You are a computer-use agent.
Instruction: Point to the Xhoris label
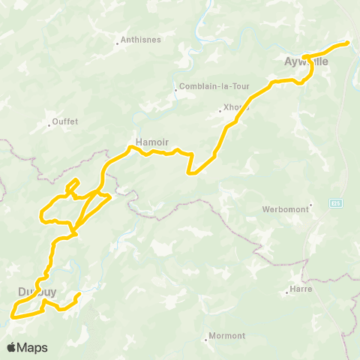click(x=237, y=107)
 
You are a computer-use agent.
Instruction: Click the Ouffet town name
click(x=65, y=121)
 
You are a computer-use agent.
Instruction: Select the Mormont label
click(x=227, y=335)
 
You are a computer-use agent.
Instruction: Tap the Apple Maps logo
click(x=26, y=347)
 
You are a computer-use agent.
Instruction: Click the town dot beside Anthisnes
click(x=118, y=43)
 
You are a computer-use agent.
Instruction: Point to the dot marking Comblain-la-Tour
click(x=175, y=90)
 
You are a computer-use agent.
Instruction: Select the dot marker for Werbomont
click(x=310, y=205)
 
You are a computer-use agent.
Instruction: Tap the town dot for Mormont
click(x=206, y=339)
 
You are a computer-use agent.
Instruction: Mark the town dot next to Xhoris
click(x=220, y=111)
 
